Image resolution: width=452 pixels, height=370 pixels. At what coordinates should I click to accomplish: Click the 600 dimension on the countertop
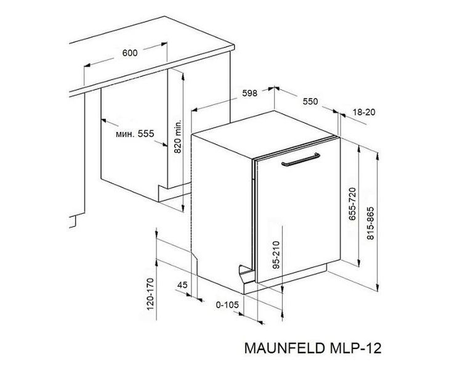130,53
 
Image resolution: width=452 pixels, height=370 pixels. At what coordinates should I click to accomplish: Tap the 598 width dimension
249,93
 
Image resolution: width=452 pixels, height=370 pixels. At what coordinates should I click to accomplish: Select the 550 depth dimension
310,102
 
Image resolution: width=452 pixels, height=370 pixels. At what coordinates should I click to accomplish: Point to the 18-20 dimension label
364,112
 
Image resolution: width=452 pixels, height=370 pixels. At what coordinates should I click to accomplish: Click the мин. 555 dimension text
135,134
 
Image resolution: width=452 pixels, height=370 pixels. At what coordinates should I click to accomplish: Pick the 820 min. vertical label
178,136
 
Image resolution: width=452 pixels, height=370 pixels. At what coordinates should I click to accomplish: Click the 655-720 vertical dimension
352,203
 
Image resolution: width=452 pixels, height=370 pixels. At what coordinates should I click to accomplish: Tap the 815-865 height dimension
370,223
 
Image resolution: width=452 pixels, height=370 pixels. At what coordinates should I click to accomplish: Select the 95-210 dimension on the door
276,255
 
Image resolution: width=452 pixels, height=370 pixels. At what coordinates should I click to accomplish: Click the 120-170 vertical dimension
150,294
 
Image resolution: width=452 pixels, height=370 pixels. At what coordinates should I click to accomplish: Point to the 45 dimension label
182,285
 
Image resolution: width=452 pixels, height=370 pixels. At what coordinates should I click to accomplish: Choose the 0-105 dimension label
227,305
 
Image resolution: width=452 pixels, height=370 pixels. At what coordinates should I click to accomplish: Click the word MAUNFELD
285,348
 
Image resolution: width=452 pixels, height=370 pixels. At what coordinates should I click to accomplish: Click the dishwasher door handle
301,160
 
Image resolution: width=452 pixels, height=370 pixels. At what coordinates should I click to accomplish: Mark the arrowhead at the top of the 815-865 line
377,155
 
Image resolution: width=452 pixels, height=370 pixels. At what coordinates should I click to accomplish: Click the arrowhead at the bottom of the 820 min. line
183,208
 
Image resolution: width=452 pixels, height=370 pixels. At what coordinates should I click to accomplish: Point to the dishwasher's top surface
265,134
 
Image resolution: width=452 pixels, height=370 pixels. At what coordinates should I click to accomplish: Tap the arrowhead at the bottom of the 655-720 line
358,263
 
